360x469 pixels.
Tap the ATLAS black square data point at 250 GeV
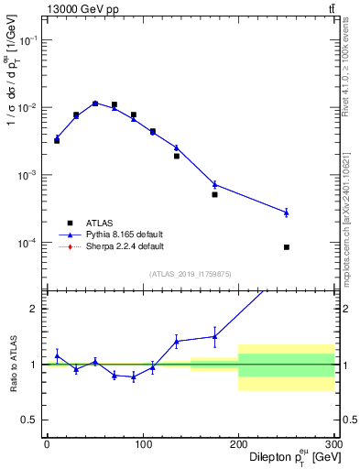[x=287, y=247]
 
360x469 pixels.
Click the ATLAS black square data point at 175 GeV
[x=214, y=194]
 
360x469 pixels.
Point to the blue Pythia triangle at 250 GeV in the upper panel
[x=287, y=213]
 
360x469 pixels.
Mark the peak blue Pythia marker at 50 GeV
[x=94, y=104]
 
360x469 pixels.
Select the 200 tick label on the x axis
[x=238, y=446]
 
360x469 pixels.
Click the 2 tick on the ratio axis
[x=35, y=309]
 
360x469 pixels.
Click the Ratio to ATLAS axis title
[x=12, y=364]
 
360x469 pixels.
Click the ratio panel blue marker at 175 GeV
[x=214, y=336]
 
